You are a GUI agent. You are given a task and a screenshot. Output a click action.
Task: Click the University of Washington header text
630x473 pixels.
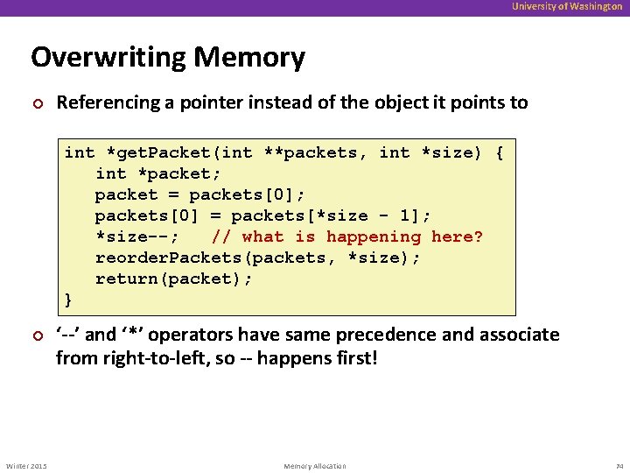567,7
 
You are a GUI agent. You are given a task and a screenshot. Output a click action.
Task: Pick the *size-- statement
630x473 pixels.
136,236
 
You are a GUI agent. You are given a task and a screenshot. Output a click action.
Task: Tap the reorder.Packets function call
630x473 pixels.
168,258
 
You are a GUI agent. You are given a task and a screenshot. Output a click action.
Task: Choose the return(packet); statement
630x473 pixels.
173,279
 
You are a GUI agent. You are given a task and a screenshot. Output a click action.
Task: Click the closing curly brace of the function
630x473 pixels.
69,300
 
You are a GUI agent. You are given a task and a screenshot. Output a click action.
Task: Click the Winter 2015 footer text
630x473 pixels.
26,466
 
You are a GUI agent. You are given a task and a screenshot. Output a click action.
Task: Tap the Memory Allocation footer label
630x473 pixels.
315,466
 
